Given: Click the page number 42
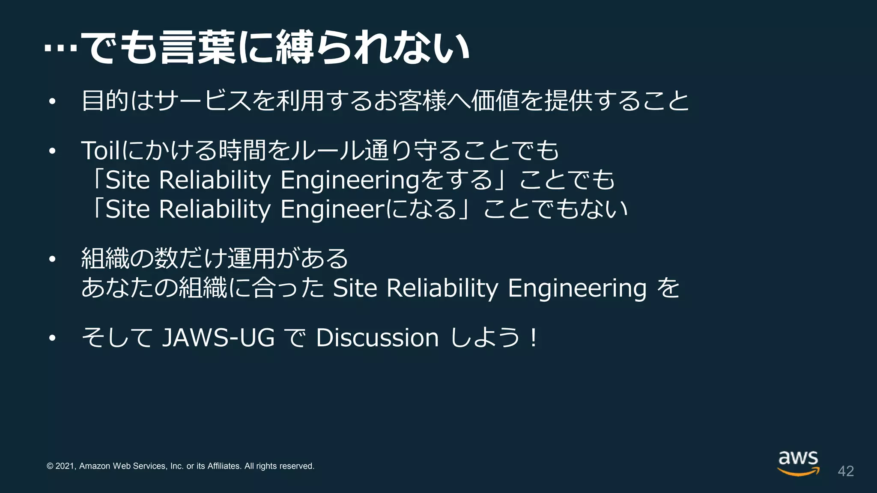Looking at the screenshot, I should (x=846, y=471).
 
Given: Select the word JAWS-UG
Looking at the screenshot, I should (x=218, y=338).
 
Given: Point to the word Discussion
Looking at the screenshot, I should (x=377, y=338).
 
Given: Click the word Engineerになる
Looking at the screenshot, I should (x=369, y=209).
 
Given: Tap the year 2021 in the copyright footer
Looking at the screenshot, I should (x=65, y=466).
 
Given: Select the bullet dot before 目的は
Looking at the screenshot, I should (x=52, y=102).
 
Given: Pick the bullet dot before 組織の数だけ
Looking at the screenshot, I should (x=52, y=259).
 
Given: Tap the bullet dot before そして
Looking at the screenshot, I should (x=52, y=338).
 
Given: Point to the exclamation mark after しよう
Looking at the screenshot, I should (x=533, y=338).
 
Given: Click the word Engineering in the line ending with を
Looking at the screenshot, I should (x=577, y=288).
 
